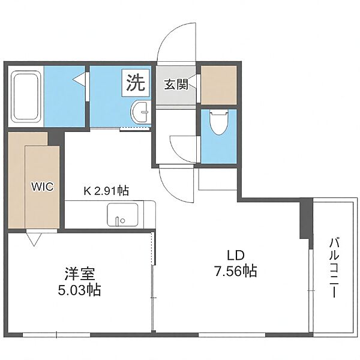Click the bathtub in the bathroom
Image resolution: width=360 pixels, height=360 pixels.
coord(26,97)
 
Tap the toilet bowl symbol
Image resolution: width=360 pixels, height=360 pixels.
coord(219,122)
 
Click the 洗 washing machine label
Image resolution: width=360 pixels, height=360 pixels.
coord(136,83)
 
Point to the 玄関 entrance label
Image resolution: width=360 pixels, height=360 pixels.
coord(176,84)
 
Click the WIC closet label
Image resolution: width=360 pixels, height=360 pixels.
coord(43,187)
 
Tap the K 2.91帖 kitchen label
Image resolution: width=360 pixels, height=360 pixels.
coord(106,191)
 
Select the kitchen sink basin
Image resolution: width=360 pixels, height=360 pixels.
coord(122,215)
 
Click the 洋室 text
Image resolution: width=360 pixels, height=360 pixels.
coord(80,274)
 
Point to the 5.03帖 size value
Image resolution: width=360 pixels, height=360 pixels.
coord(79,290)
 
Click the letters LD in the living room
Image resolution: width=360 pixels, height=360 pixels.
coord(235,256)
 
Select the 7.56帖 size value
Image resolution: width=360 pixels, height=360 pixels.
coord(236,271)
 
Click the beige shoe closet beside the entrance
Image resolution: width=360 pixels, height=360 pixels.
coord(219,85)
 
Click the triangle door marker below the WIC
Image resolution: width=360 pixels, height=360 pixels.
coord(34,239)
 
